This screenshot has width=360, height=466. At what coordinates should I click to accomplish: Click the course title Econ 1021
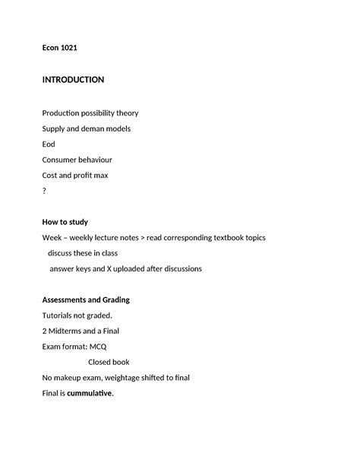coord(59,48)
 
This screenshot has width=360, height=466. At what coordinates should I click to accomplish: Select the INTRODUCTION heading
coord(73,80)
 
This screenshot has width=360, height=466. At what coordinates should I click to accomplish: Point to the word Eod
coord(49,144)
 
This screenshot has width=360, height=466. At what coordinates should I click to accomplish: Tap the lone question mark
coord(44,192)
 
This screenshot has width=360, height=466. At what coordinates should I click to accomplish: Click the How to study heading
coord(65,222)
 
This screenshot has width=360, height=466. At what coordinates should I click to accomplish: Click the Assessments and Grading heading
coord(86,300)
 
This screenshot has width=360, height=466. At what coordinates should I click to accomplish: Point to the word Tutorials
coord(59,315)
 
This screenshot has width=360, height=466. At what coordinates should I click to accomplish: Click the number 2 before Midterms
coord(44,331)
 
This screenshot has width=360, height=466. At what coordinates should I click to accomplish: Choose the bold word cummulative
coord(89,393)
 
